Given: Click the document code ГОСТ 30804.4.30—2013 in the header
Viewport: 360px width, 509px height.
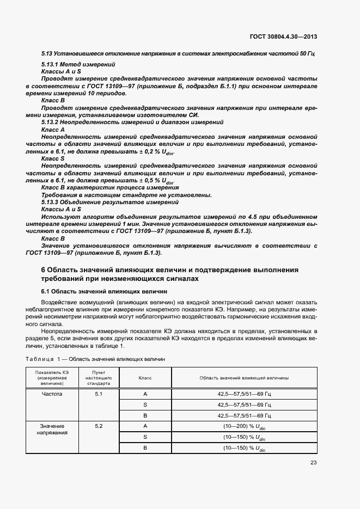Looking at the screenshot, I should click(283, 36).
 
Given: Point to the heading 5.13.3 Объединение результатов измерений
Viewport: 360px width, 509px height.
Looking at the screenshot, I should click(110, 202).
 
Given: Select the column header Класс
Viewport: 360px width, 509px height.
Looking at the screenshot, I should click(145, 377).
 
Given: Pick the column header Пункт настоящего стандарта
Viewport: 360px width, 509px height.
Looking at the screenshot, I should click(99, 377).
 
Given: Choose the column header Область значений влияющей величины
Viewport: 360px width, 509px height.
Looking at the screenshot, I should click(244, 377).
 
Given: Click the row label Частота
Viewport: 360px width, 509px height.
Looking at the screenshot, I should click(52, 394).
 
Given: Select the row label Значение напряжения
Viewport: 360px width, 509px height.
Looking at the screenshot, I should click(52, 429).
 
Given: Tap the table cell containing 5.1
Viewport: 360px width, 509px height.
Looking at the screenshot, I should click(99, 394).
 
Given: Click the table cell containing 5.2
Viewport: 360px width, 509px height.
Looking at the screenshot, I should click(99, 426).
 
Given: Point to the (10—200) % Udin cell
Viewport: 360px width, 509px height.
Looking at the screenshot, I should click(244, 426).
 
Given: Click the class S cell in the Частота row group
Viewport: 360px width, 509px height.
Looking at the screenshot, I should click(145, 405).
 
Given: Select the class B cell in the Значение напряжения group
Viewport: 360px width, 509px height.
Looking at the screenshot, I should click(145, 448).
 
